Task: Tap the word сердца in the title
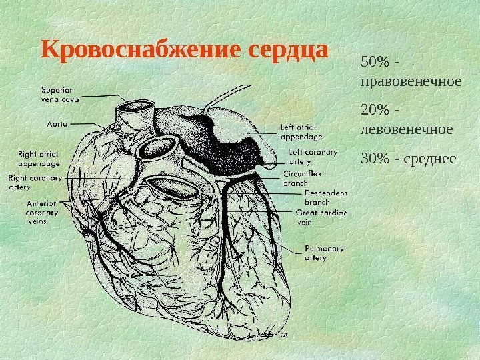(x=289, y=51)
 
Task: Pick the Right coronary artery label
(x=35, y=183)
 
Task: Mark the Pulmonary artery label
(x=324, y=253)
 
